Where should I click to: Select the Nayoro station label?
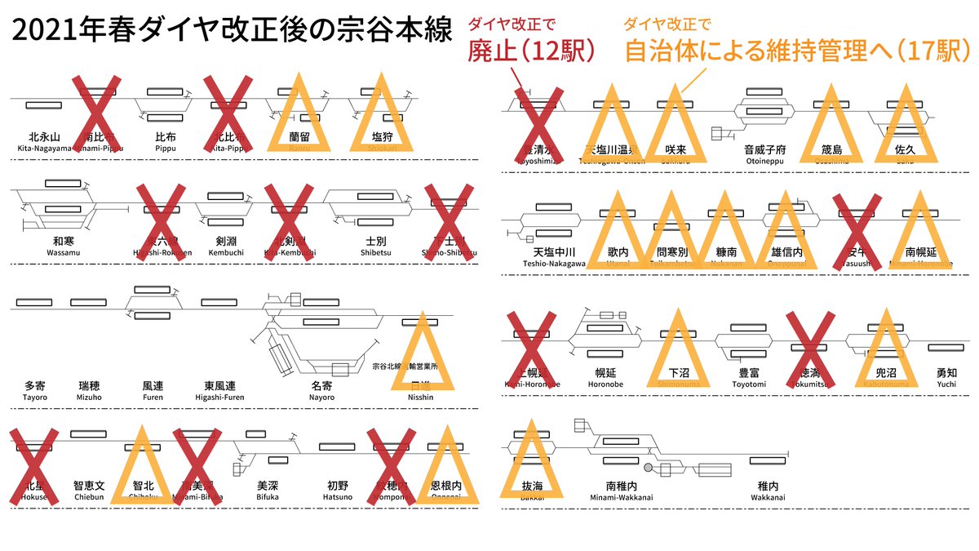click(322, 389)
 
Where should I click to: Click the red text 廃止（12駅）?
click(530, 51)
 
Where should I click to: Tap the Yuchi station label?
click(946, 377)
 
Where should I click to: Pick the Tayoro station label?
click(35, 389)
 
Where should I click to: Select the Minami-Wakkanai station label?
click(622, 489)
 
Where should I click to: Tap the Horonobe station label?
click(605, 377)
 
